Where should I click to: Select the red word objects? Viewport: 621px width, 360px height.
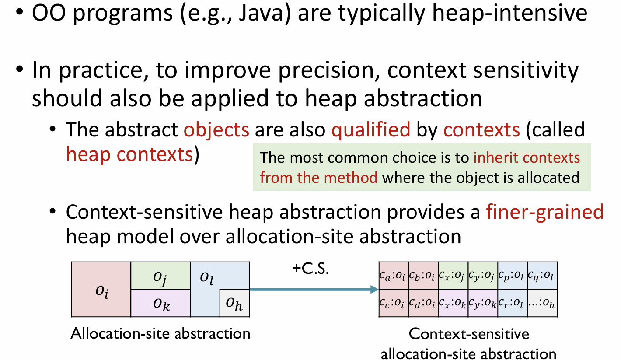[216, 130]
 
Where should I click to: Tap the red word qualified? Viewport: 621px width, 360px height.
[371, 130]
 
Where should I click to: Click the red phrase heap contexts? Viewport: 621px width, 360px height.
[129, 154]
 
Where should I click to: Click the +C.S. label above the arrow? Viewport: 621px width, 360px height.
[310, 269]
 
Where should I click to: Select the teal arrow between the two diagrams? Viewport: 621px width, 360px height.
[314, 290]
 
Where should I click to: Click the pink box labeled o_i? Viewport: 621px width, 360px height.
[101, 289]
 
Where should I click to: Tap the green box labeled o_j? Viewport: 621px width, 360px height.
[160, 276]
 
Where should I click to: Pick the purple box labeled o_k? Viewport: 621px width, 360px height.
[160, 303]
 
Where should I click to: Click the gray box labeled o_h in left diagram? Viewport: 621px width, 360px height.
[235, 303]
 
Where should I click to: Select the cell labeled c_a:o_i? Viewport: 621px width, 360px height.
[394, 276]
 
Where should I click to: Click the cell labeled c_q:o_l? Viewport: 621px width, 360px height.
[542, 276]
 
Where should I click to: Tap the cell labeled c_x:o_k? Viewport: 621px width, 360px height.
[453, 303]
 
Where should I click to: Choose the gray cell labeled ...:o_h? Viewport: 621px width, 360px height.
[542, 303]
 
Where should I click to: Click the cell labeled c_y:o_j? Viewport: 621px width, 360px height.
[483, 276]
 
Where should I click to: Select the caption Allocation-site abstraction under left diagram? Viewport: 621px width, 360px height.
[160, 333]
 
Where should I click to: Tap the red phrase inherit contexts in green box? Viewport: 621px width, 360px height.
[527, 158]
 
